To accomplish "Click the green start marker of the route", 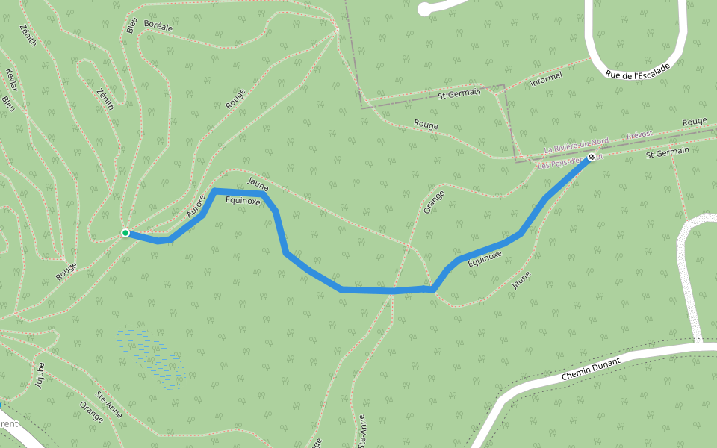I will click(x=125, y=234).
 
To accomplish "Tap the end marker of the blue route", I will click(x=592, y=158).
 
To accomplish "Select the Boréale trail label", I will click(x=158, y=27).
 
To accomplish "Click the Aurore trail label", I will click(x=196, y=206).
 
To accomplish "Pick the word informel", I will click(x=545, y=78).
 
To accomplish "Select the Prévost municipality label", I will click(x=640, y=134).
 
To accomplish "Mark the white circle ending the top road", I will click(x=424, y=10).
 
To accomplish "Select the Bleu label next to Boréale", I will click(x=132, y=25).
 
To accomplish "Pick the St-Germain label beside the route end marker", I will click(x=666, y=152).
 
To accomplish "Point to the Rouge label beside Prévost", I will click(x=695, y=122).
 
